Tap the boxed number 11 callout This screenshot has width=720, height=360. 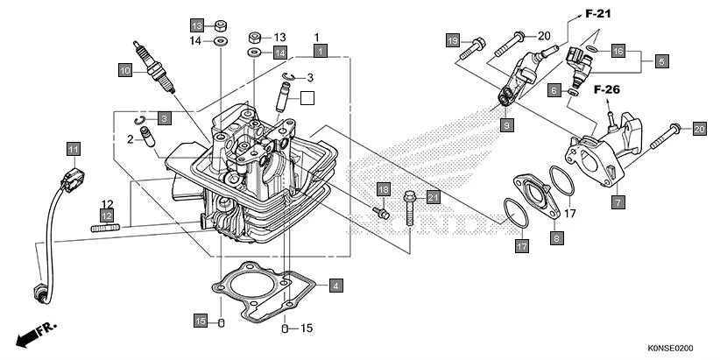pyautogui.click(x=73, y=148)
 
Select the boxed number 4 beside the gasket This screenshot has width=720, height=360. pyautogui.click(x=335, y=285)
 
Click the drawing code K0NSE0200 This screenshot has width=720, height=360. pyautogui.click(x=677, y=348)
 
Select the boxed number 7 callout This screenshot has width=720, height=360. pyautogui.click(x=618, y=202)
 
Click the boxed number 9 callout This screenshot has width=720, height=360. pyautogui.click(x=506, y=125)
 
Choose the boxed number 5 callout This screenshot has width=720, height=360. pyautogui.click(x=661, y=61)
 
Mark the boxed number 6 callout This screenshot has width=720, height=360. pyautogui.click(x=554, y=90)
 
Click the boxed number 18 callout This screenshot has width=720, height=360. pyautogui.click(x=383, y=189)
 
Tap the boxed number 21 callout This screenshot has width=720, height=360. pyautogui.click(x=433, y=196)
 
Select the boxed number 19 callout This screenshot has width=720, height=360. pyautogui.click(x=452, y=41)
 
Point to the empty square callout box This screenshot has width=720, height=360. pyautogui.click(x=306, y=98)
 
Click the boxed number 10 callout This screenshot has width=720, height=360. pyautogui.click(x=125, y=69)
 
